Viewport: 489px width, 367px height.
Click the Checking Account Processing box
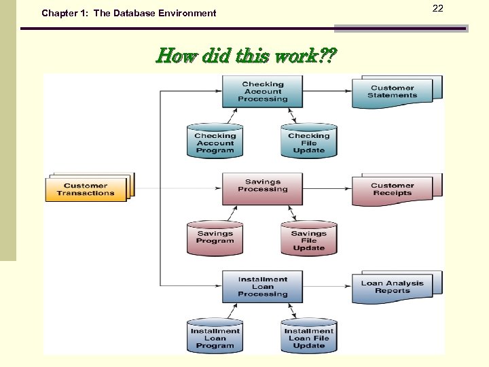(263, 92)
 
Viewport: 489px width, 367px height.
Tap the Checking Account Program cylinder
(215, 142)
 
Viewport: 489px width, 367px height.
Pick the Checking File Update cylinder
(308, 142)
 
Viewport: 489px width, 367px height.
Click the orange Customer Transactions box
(86, 189)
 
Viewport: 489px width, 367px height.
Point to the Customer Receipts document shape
(393, 190)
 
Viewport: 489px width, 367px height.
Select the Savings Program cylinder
(215, 238)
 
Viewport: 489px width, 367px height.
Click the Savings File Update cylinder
(308, 239)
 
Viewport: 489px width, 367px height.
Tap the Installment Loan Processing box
(263, 287)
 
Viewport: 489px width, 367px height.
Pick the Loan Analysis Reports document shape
(393, 287)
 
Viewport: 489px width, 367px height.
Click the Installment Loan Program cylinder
(215, 336)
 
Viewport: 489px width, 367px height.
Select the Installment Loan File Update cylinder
(308, 336)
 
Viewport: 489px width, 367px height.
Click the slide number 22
(437, 8)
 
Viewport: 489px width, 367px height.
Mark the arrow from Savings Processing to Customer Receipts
(327, 188)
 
